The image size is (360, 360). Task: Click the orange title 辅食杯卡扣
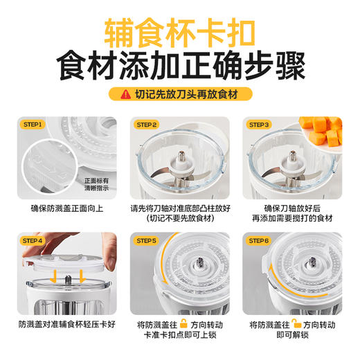pos(179,32)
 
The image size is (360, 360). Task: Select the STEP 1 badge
pos(33,125)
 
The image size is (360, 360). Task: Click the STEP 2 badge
pos(147,125)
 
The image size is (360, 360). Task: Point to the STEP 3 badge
pos(260,125)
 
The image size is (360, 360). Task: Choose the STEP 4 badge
pos(33,240)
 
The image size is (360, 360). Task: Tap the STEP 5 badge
pos(147,240)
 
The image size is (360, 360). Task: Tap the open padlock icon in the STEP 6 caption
pos(296,323)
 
